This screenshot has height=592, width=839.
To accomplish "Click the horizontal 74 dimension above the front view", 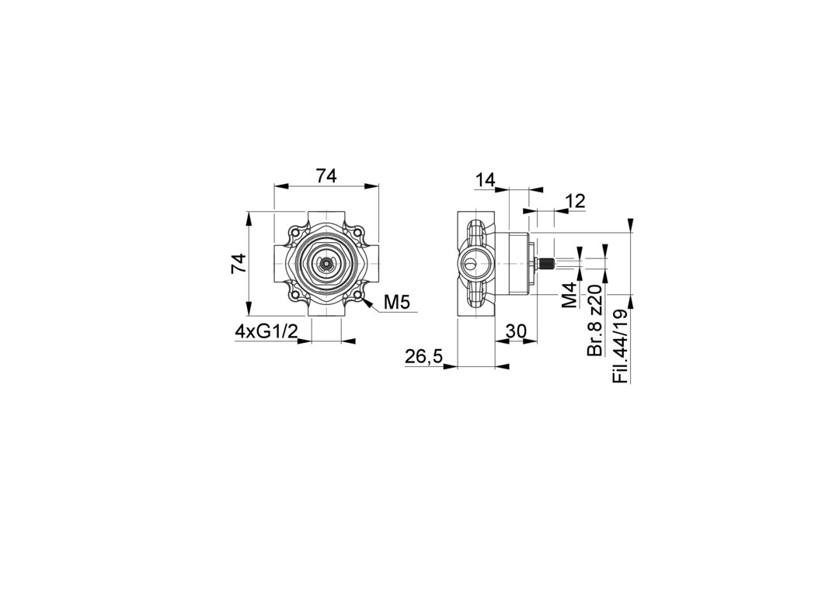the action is (x=326, y=176).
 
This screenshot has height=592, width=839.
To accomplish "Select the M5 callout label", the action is (x=397, y=303).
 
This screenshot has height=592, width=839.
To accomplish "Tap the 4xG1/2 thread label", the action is (x=266, y=331).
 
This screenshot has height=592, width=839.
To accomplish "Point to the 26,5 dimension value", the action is (x=424, y=357).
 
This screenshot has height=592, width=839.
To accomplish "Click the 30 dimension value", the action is (x=517, y=331).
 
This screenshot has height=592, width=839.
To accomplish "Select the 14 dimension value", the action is (x=486, y=180).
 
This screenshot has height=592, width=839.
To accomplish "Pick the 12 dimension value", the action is (x=575, y=202).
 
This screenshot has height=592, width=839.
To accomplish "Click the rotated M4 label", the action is (x=570, y=295).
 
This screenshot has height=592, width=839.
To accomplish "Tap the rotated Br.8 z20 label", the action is (x=595, y=320).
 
